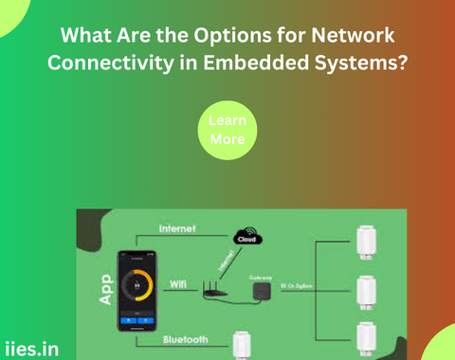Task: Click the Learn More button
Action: point(227,131)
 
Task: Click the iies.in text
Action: point(30,348)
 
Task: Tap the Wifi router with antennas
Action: point(218,294)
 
